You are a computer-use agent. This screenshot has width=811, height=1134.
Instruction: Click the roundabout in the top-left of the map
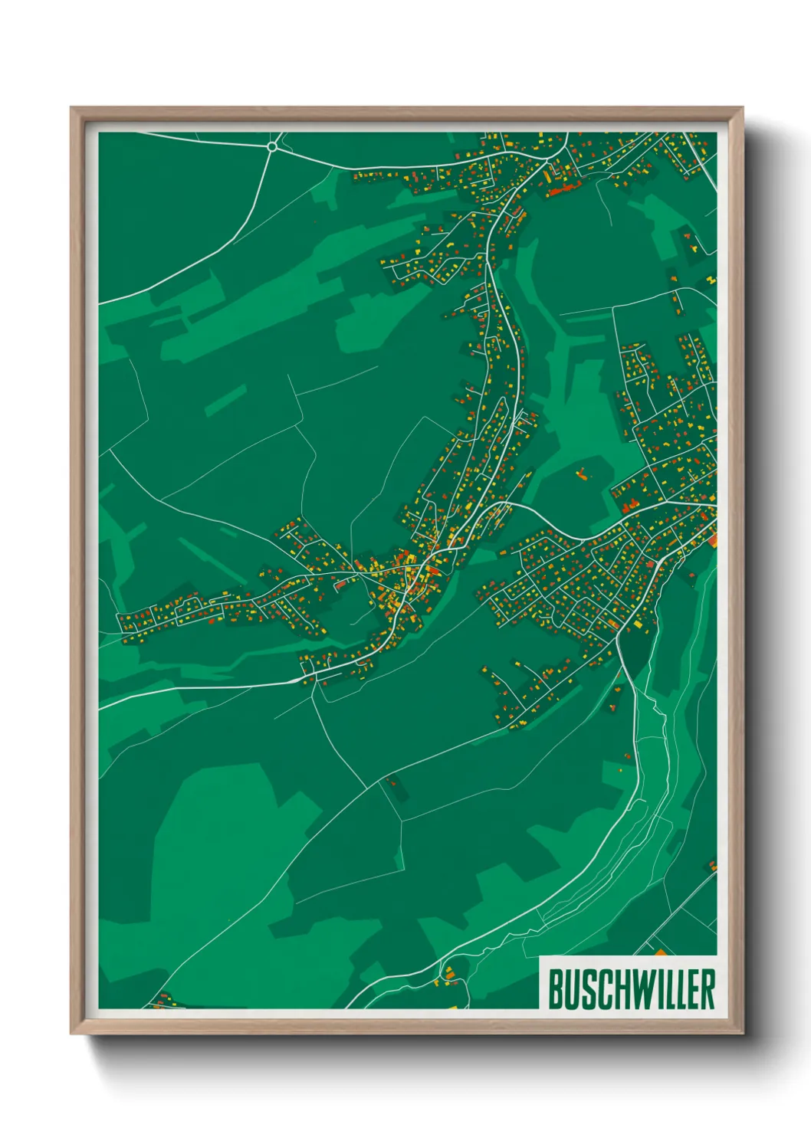[x=272, y=146]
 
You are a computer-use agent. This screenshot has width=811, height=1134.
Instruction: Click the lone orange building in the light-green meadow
[x=582, y=474]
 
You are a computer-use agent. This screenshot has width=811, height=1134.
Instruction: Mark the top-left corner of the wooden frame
[x=71, y=108]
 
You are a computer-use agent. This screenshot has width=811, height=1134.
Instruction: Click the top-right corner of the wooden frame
[x=742, y=108]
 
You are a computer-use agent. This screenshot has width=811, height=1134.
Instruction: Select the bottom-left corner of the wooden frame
[x=71, y=1033]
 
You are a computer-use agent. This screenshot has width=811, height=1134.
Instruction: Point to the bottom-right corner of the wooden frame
[x=742, y=1033]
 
